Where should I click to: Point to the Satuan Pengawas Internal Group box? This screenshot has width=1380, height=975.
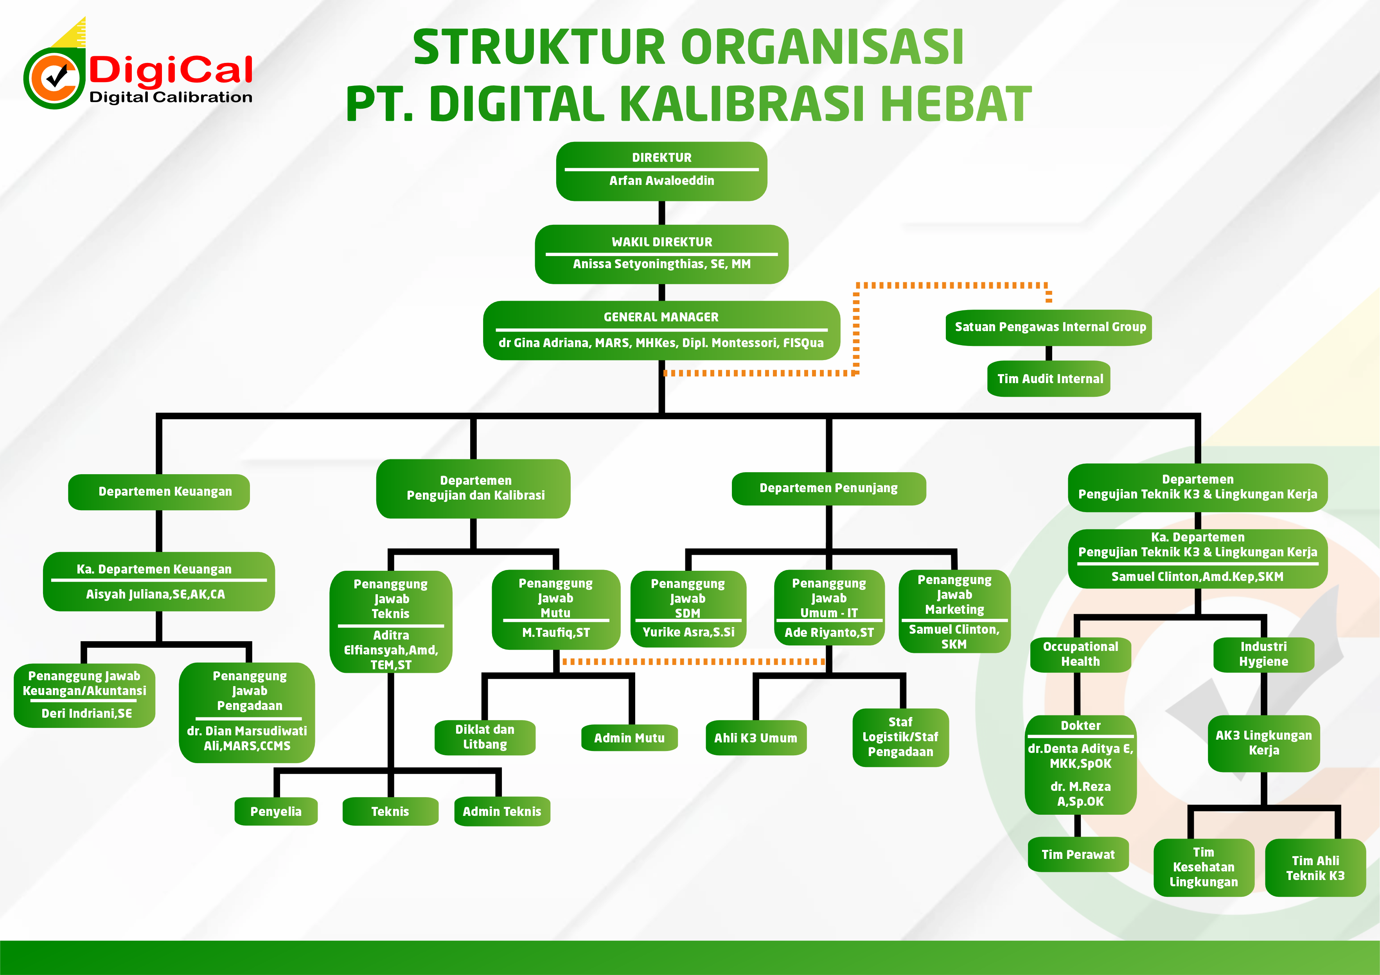point(1049,327)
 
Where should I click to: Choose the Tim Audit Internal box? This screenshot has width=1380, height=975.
point(1049,378)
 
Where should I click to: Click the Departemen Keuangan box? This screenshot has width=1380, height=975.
point(159,492)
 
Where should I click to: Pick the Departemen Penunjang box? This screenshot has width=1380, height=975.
point(829,488)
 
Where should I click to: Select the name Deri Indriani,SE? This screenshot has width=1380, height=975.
point(86,714)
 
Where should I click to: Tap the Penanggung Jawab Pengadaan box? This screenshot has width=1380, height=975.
point(247,712)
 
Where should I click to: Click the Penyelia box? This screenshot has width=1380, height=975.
point(276,812)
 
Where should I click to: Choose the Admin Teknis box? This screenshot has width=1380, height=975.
point(502,812)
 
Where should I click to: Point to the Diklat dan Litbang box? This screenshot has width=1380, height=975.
point(484,737)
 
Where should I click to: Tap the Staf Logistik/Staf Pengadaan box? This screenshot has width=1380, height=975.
point(900,737)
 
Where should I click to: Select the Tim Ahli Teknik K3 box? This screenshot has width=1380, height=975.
point(1315,867)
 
